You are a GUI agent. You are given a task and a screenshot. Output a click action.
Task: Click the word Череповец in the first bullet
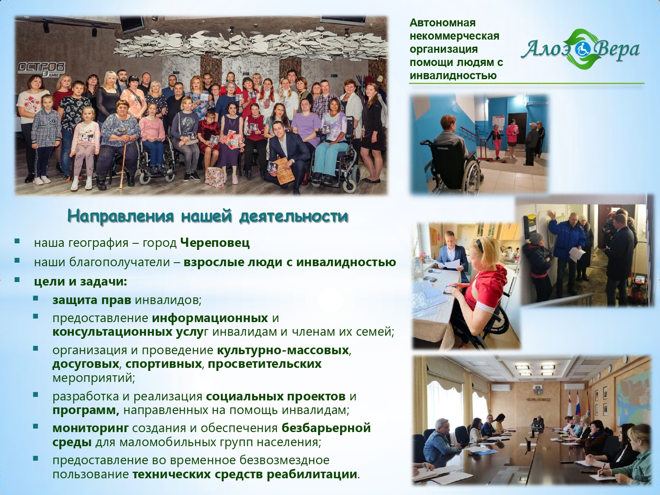(x=215, y=243)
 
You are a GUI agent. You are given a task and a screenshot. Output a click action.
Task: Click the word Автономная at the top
(x=443, y=23)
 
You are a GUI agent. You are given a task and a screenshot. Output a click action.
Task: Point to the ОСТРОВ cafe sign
(x=42, y=68)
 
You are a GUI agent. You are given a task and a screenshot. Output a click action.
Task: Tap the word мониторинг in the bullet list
(x=91, y=429)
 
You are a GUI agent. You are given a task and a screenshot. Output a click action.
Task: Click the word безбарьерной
(x=326, y=428)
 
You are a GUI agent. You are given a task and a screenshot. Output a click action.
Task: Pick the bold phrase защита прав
(x=92, y=300)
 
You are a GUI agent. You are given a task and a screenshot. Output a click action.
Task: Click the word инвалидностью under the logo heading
(x=453, y=75)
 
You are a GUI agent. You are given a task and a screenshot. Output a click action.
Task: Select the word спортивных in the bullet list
(x=163, y=364)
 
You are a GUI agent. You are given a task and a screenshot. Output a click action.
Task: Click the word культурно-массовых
(x=282, y=350)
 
